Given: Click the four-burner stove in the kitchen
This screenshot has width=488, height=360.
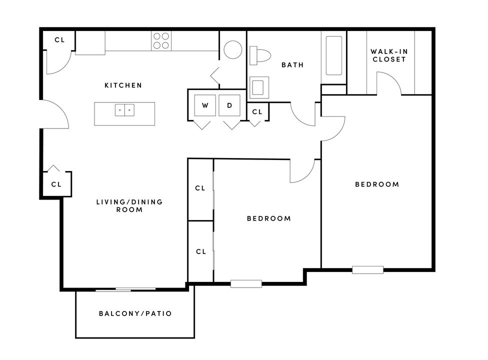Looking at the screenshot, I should point(161,40).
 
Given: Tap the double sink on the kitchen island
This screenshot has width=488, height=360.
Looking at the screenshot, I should point(124,110).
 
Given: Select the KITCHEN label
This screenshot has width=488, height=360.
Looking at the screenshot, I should point(123,85).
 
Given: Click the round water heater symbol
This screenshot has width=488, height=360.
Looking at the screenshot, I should point(232,50).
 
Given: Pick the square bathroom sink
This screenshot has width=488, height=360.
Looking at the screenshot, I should point(259,88).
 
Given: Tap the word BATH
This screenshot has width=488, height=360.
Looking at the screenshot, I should point(292,65).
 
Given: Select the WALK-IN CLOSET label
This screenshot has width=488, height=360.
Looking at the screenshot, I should point(388,55).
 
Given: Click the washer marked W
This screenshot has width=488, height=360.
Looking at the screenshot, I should point(205,105).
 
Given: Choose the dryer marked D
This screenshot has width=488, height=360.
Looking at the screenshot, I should point(229,105).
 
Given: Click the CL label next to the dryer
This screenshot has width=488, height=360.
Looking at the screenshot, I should point(257,112).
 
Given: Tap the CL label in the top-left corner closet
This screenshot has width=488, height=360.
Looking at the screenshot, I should point(59,39).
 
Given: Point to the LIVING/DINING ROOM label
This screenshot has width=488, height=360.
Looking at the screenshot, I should point(129,205).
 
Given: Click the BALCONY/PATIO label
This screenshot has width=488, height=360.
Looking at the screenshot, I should point(135,313).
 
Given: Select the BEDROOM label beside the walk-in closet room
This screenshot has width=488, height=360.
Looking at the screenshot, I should point(377,184).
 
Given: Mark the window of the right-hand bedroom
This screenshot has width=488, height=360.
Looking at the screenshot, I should point(367,270).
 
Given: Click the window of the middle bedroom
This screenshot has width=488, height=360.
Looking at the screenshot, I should point(246,283).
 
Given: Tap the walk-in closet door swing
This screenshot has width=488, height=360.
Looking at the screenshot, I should point(389,82).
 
